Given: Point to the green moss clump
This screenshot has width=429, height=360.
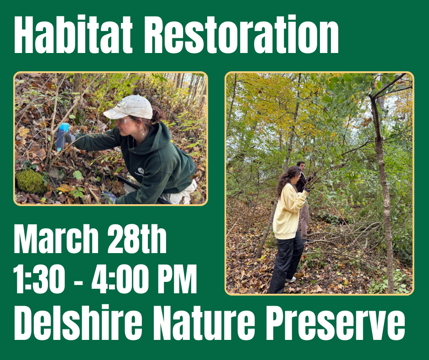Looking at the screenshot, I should (x=31, y=181).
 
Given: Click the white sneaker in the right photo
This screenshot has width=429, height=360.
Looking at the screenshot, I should (x=291, y=279).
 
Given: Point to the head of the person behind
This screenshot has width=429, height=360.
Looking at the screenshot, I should (x=300, y=166).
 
